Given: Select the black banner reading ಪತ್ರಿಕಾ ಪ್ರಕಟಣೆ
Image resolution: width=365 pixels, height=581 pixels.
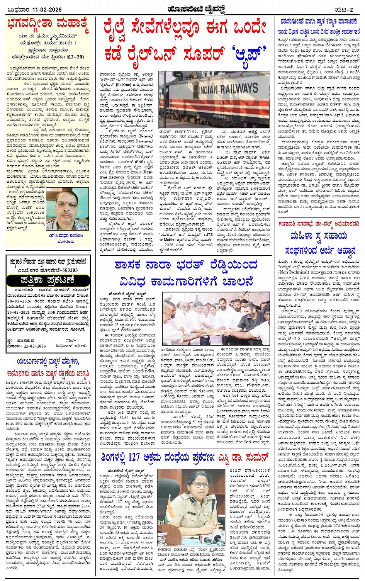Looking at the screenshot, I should coord(48,280).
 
